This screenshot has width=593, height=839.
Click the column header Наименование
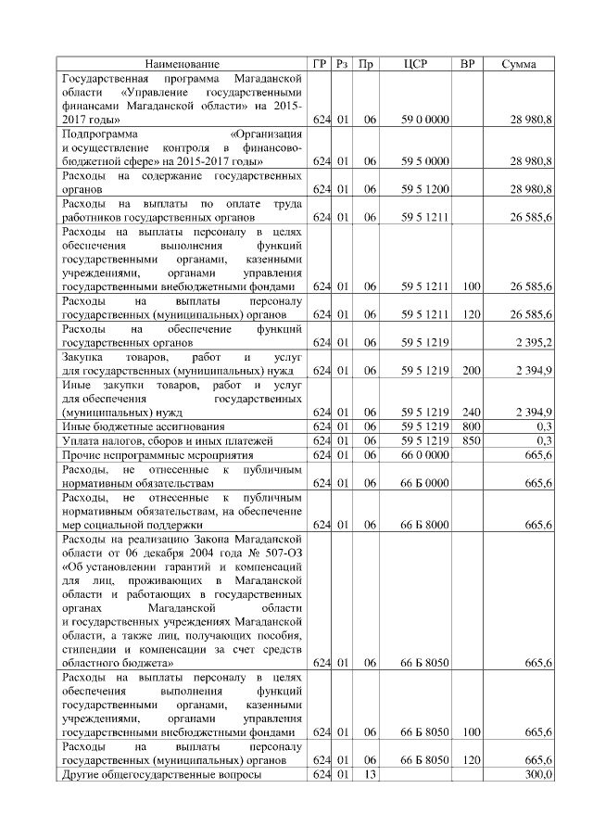(x=183, y=64)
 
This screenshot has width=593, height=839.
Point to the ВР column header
(x=469, y=64)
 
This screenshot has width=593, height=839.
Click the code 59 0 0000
(x=425, y=121)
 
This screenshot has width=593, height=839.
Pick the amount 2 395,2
(x=532, y=342)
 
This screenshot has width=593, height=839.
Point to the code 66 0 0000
(x=425, y=454)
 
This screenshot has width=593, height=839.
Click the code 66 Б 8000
(x=425, y=525)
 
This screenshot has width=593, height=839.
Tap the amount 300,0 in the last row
(x=537, y=774)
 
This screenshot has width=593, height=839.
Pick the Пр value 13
(x=368, y=774)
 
